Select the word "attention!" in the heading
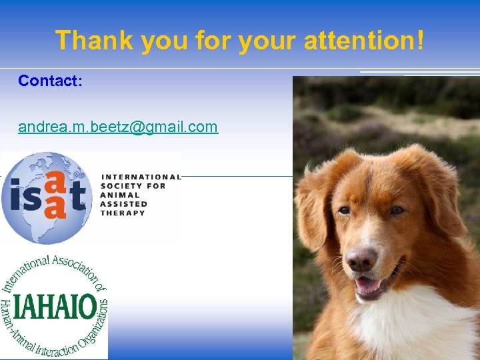tap(363, 40)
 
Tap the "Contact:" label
tap(50, 81)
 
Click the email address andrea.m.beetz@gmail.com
tap(118, 127)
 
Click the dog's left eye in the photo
tap(344, 211)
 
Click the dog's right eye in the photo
tap(396, 210)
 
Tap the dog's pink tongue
tap(367, 285)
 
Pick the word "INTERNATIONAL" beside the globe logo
tap(140, 177)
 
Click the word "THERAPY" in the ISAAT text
tap(122, 213)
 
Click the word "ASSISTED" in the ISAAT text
tap(124, 204)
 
